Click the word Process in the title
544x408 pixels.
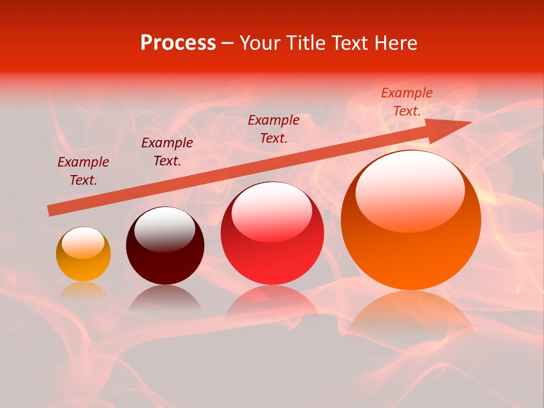click(178, 43)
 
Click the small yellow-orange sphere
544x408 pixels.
click(83, 254)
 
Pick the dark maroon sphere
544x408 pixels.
click(165, 246)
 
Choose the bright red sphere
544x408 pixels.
click(272, 233)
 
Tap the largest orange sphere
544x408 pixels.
click(411, 220)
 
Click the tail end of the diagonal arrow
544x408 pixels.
click(50, 211)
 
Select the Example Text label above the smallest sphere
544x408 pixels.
click(83, 171)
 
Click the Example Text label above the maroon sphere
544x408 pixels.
click(167, 152)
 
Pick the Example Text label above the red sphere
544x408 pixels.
click(274, 129)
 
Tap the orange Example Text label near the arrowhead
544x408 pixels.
click(407, 102)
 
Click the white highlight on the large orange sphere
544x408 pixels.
click(410, 190)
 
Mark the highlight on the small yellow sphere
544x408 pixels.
click(83, 243)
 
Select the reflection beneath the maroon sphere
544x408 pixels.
click(165, 298)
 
